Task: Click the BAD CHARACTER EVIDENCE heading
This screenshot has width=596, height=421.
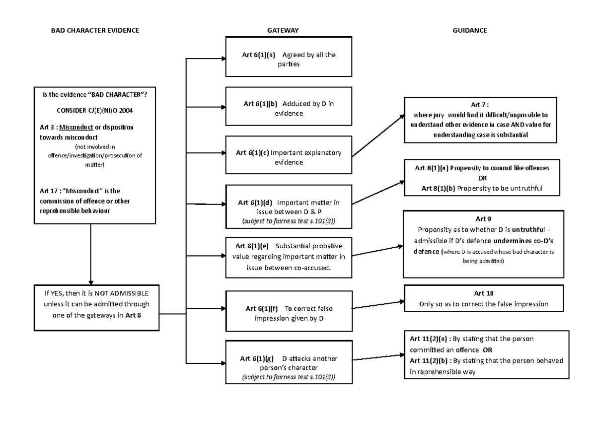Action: (x=95, y=30)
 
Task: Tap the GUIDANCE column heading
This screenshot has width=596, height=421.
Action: (x=469, y=30)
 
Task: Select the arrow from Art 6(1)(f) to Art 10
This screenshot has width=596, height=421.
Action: (x=378, y=304)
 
